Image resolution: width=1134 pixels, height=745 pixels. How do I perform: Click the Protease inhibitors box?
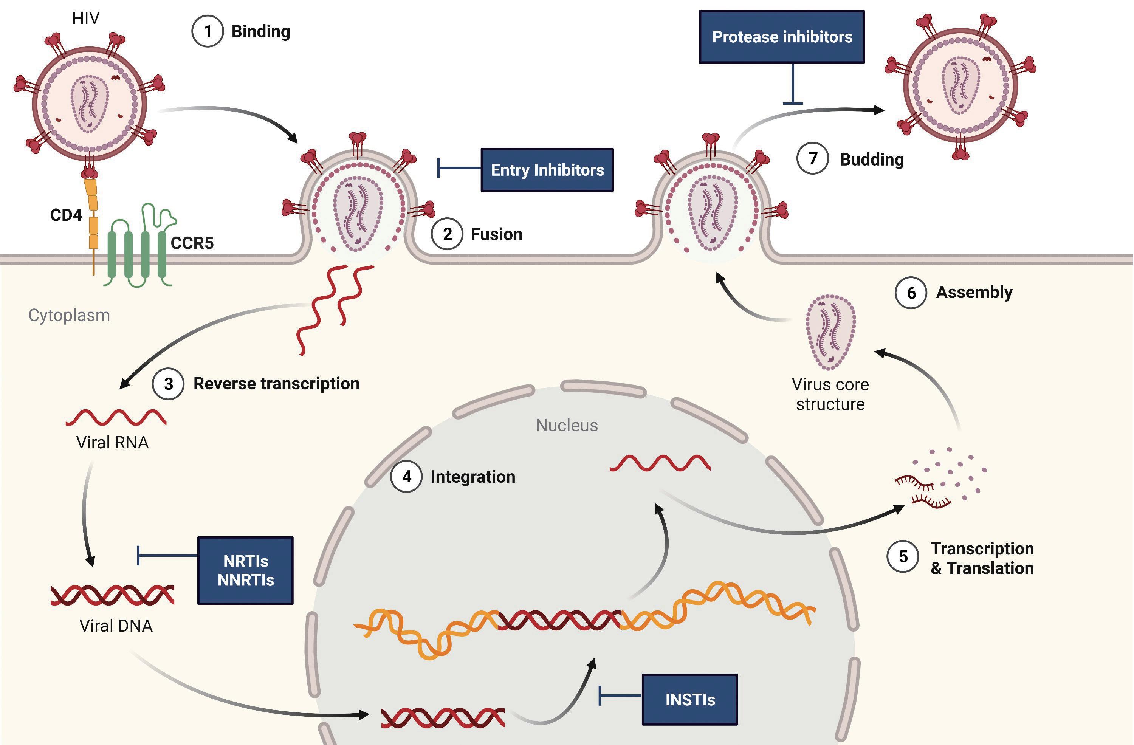tap(781, 37)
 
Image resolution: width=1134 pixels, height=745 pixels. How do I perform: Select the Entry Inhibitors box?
tap(547, 170)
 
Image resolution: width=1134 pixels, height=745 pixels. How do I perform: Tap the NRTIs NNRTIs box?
tap(245, 571)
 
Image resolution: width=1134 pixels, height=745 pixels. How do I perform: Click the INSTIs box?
tap(689, 699)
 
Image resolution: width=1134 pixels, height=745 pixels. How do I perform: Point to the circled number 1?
tap(207, 31)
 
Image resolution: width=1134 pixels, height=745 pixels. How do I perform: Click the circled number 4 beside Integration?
tap(406, 476)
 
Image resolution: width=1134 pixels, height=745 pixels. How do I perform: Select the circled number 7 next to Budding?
tap(812, 159)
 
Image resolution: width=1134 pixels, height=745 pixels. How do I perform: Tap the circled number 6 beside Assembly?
tap(911, 293)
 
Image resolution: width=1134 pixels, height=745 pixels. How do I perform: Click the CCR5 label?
tap(192, 243)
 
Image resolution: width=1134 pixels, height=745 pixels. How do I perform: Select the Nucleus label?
tap(567, 425)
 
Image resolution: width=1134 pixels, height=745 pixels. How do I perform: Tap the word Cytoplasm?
tap(69, 315)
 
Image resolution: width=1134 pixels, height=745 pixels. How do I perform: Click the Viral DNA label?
tap(116, 626)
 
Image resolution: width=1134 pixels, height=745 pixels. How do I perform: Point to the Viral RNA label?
tap(112, 443)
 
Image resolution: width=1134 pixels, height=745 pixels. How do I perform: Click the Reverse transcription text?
tap(276, 383)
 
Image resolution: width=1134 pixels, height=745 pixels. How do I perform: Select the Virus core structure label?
tap(830, 394)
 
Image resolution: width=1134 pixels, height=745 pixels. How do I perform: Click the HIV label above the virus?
tap(86, 18)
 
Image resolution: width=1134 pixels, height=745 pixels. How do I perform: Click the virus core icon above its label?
tap(830, 332)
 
